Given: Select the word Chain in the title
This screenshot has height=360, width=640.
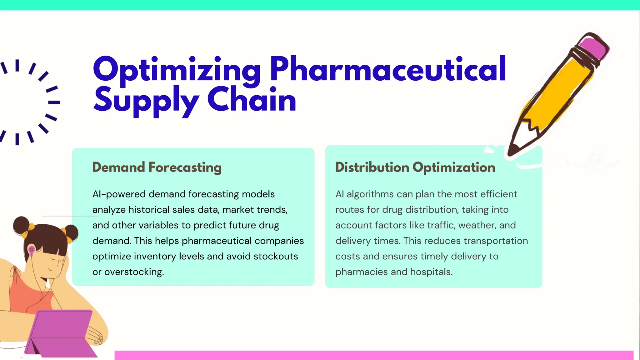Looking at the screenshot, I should point(252,99).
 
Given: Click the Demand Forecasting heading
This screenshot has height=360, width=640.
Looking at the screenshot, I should point(157,167).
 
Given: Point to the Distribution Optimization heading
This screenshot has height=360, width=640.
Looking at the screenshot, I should point(415,167).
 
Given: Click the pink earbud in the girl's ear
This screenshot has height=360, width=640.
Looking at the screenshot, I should point(32,250).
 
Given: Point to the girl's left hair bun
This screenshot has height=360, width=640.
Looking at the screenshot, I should point(21,226).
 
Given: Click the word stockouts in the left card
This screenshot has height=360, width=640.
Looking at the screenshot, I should point(276,257).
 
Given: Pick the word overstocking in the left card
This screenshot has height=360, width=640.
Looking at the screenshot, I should point(134,272).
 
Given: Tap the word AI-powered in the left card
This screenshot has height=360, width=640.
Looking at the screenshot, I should point(119,194).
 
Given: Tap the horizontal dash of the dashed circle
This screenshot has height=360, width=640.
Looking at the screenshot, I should point(54,102).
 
